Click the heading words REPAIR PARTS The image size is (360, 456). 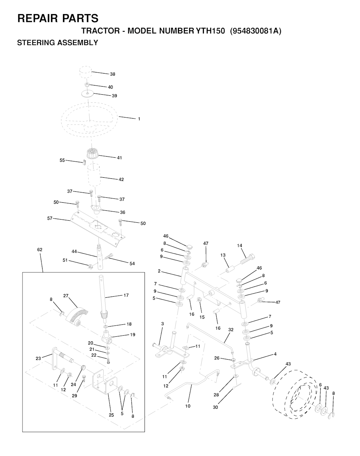coord(58,18)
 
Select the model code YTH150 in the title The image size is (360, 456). coord(210,31)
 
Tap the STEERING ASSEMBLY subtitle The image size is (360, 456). coord(58,43)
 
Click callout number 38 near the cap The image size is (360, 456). coord(112,74)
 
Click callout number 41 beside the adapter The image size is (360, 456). coord(120,158)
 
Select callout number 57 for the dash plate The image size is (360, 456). coord(50,218)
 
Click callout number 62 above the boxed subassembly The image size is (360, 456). coord(40,249)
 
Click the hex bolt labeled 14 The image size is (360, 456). coord(248,259)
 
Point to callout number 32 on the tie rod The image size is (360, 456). coord(231,330)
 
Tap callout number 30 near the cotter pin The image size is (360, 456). coord(216,407)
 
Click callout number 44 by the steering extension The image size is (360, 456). coord(74,252)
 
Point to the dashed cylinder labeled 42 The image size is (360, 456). coord(94,175)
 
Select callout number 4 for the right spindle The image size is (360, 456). coord(275,354)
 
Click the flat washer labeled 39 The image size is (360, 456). coord(88,94)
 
